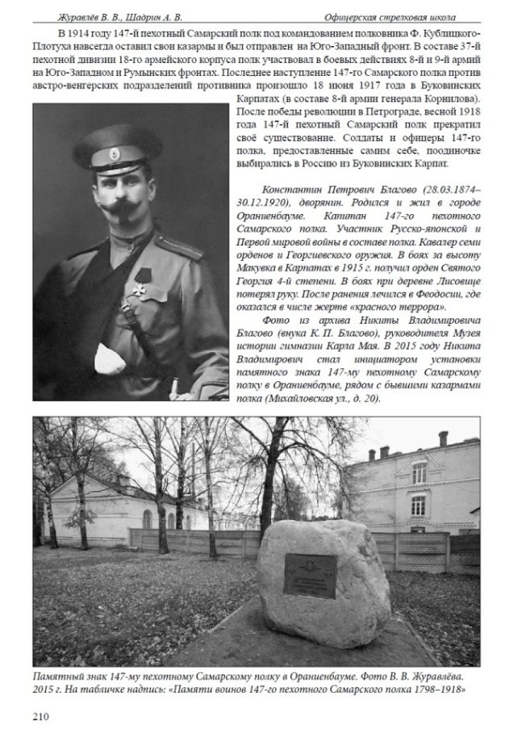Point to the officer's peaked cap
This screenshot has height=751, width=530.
click(117, 149)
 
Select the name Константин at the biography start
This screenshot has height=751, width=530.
click(280, 187)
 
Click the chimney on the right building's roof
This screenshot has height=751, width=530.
click(442, 438)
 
